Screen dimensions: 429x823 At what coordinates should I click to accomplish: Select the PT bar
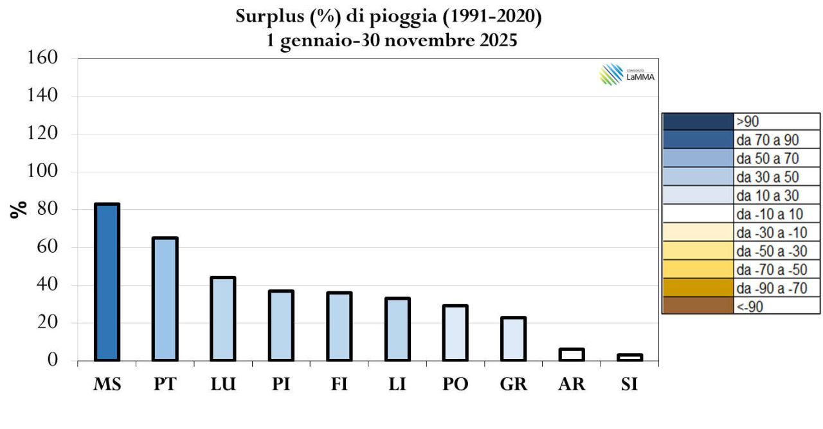(165, 299)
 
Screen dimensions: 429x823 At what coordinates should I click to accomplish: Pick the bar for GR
(514, 338)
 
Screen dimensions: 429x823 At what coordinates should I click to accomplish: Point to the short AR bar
(572, 354)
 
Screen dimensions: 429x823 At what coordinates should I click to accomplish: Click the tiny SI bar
(630, 357)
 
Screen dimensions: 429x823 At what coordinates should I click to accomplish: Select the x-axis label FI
(339, 384)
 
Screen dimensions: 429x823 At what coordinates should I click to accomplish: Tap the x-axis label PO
(455, 384)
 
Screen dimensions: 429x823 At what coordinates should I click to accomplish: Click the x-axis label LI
(397, 384)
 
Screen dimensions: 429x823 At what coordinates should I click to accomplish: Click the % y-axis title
(21, 209)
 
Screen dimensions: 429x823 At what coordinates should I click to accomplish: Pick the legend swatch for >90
(698, 122)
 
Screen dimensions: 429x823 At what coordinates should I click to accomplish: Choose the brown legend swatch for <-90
(698, 306)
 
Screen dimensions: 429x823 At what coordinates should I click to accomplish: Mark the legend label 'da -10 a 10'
(770, 213)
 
